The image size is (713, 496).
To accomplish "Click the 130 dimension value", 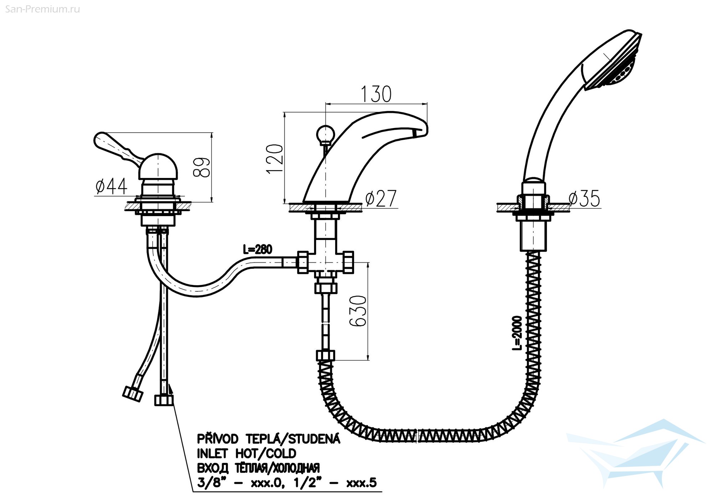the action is pos(376,94).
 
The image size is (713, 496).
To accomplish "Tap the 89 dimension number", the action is pos(202,167).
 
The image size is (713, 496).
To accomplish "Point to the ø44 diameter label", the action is pos(111,186).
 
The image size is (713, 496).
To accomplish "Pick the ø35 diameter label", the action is pos(584,199).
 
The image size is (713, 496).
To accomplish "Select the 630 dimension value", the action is pos(358,311).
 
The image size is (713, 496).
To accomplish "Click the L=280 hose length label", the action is pos(258,249).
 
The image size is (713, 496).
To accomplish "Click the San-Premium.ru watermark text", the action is pos(43,9).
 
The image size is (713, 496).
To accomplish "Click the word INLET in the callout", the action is pos(212,454).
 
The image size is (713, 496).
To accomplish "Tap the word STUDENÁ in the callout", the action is pos(314,439).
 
